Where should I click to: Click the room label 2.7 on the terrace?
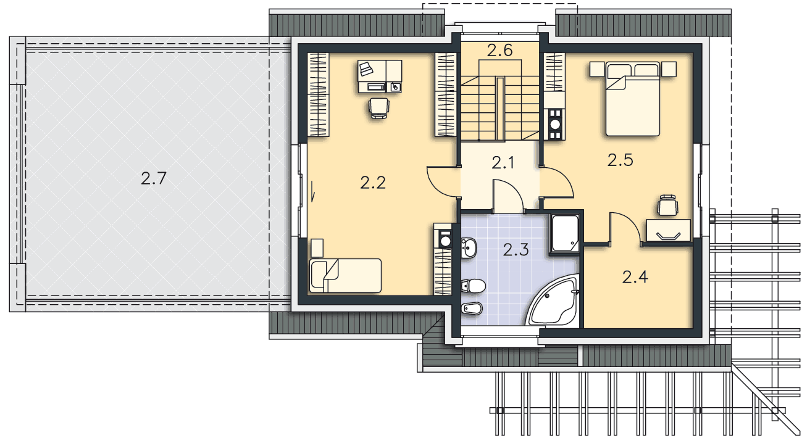click(153, 178)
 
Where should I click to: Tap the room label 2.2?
click(373, 183)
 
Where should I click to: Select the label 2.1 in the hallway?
click(503, 163)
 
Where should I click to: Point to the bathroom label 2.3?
click(516, 250)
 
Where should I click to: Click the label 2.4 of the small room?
click(635, 277)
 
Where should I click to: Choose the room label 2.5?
click(620, 160)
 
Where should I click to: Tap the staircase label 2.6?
click(500, 51)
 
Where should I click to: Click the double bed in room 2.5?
click(633, 99)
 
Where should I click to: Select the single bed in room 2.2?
click(345, 276)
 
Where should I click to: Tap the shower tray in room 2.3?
click(565, 233)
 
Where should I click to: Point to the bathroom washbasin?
click(469, 247)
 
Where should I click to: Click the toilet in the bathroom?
click(473, 286)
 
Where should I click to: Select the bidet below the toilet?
click(472, 308)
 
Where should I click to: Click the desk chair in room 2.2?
click(378, 108)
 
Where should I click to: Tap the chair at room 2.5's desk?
click(668, 205)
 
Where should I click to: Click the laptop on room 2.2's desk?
click(366, 68)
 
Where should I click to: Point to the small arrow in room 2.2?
click(312, 191)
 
